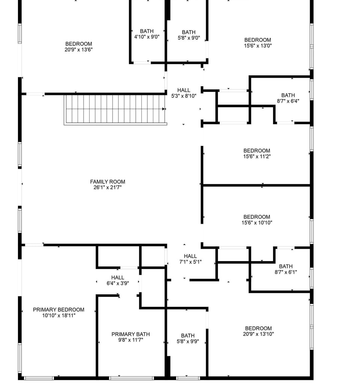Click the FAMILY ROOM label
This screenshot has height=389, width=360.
108,182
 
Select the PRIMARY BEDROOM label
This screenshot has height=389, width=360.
58,310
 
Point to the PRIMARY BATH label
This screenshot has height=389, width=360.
130,334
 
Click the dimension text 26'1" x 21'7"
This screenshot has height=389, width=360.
108,188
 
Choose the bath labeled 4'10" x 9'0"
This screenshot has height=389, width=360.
147,34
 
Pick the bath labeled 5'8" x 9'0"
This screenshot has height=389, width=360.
189,35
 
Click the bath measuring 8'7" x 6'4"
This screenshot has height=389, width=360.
288,98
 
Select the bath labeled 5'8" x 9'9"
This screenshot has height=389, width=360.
187,339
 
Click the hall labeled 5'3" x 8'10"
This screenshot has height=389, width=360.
184,93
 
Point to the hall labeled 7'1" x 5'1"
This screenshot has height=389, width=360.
190,259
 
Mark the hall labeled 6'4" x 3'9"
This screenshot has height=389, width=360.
117,281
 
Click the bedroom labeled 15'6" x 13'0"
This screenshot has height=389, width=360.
258,43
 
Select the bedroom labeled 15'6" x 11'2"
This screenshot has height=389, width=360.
256,154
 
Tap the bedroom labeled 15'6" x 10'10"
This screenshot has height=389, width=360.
256,220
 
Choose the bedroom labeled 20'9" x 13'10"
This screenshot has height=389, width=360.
258,331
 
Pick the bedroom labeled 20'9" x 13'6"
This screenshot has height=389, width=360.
78,47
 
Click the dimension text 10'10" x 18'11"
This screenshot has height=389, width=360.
58,315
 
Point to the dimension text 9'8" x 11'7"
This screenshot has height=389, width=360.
130,340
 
